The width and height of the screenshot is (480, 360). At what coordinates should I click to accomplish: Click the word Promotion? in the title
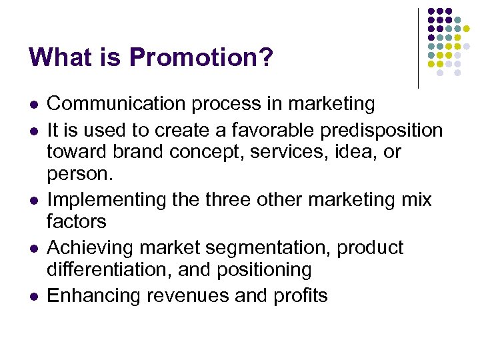click(x=201, y=58)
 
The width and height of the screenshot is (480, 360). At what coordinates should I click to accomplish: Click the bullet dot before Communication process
click(x=33, y=105)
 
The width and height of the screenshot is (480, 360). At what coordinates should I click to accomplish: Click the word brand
click(x=133, y=151)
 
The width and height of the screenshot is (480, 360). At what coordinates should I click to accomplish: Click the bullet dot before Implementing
click(x=33, y=201)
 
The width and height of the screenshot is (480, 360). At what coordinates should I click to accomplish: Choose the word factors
click(x=76, y=221)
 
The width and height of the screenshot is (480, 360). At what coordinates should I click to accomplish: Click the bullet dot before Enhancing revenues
click(x=33, y=297)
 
